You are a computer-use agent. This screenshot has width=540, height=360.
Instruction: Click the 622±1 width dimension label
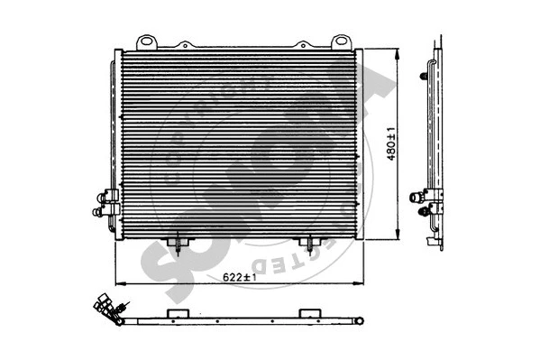coord(239,277)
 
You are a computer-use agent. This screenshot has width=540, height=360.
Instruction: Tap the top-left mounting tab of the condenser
coord(146,42)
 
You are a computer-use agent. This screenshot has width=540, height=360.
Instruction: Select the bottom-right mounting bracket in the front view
coord(309,243)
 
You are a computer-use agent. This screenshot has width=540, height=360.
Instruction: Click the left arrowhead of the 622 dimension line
coord(118,282)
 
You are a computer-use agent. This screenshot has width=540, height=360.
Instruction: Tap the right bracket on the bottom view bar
coord(309,311)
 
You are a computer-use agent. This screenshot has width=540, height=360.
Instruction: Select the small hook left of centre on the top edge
coord(184,43)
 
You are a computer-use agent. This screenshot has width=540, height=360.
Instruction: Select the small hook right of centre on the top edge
coord(301,43)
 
